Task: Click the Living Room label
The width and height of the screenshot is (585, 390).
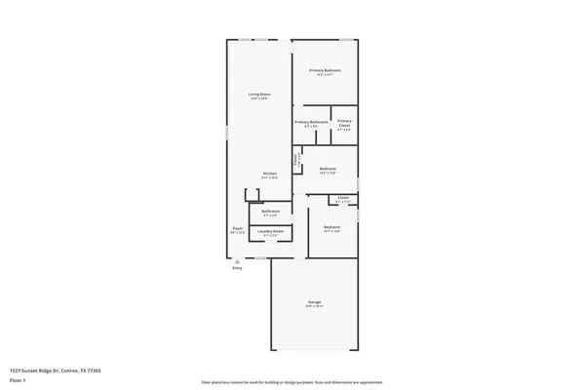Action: pos(259,94)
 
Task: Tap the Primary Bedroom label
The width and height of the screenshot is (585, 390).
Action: pos(325,71)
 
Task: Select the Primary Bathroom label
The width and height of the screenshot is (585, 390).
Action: pos(310,122)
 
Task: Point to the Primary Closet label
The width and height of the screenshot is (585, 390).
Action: pos(344,124)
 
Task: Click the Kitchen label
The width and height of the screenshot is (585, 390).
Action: pos(269,174)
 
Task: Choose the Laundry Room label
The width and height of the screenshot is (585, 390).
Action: pos(270,231)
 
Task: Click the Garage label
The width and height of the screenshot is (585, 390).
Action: pos(315,303)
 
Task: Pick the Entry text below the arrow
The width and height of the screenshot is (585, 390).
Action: pos(237,268)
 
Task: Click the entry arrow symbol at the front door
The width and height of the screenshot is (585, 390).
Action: pos(237,260)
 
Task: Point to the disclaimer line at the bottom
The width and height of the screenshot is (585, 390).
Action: pos(292,382)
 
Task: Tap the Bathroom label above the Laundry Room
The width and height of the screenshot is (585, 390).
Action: pos(270,212)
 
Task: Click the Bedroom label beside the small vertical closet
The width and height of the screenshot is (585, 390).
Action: pos(328,169)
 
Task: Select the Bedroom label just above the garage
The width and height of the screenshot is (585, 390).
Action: pos(331,227)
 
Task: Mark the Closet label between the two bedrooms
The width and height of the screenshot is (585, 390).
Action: pos(343,198)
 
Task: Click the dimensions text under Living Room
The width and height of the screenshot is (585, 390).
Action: pos(259,98)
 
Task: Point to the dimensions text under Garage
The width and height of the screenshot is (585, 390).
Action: pos(315,308)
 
